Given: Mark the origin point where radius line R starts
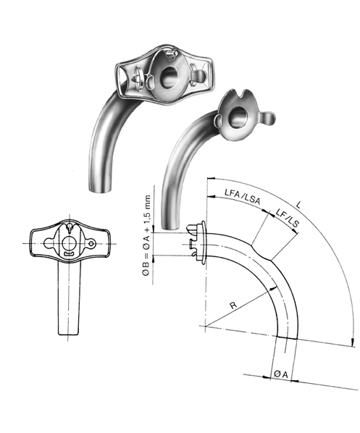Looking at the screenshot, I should pyautogui.click(x=206, y=328).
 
